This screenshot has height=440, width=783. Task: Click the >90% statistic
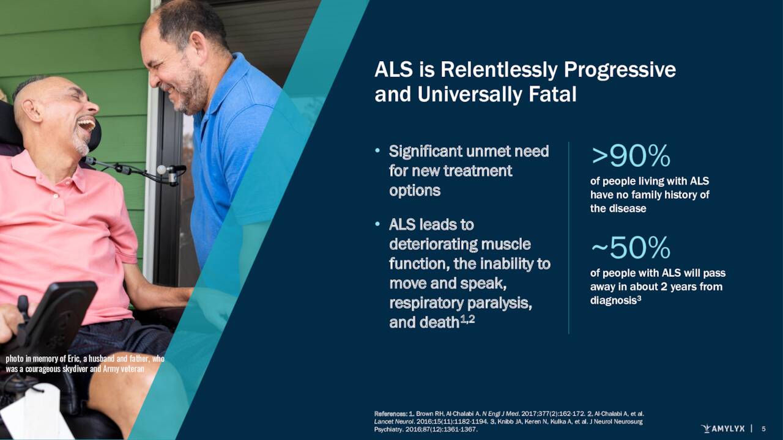click(631, 157)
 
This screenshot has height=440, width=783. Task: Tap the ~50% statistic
click(631, 248)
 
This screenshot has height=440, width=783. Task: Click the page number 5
click(763, 429)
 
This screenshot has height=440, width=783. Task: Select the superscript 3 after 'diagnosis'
click(639, 298)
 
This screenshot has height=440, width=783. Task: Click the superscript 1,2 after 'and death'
click(467, 319)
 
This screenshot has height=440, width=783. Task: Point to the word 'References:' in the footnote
click(390, 414)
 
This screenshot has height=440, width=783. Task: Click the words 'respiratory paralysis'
click(460, 303)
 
